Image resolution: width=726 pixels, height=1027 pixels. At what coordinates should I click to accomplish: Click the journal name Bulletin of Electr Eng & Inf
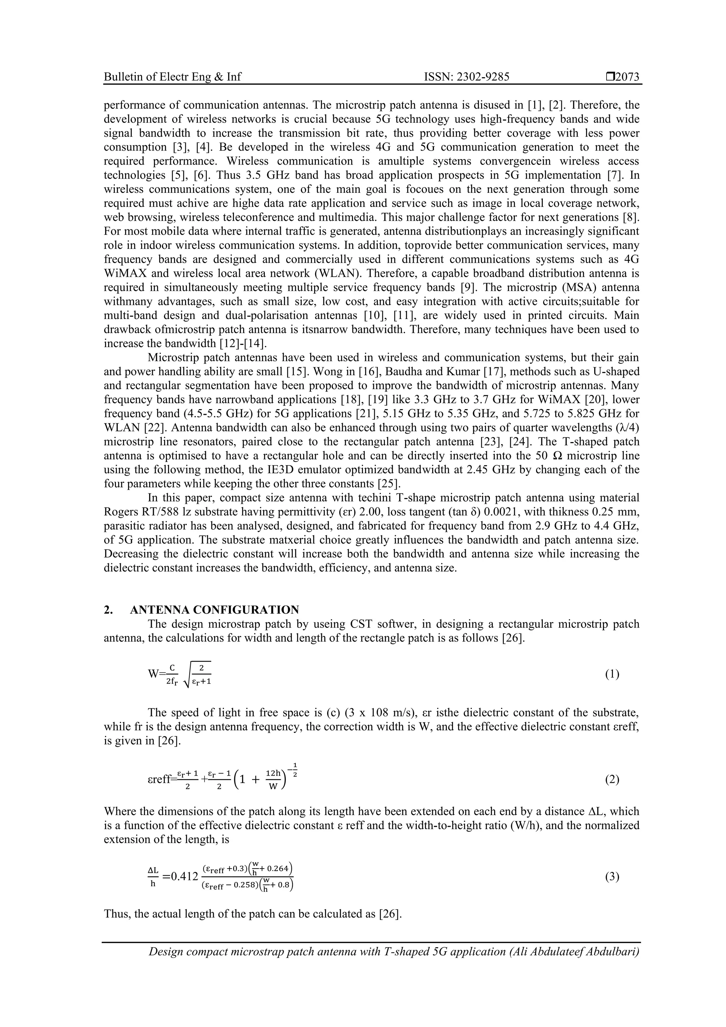(x=172, y=77)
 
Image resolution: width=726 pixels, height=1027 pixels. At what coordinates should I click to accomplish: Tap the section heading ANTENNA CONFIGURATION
(x=215, y=610)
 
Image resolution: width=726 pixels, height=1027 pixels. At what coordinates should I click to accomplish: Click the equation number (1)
(x=612, y=674)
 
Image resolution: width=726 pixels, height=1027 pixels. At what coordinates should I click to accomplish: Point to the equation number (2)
(x=612, y=780)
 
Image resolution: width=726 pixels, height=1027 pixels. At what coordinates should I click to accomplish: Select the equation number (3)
(x=612, y=877)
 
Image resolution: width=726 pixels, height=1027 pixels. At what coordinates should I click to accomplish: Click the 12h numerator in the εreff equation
(x=273, y=773)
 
